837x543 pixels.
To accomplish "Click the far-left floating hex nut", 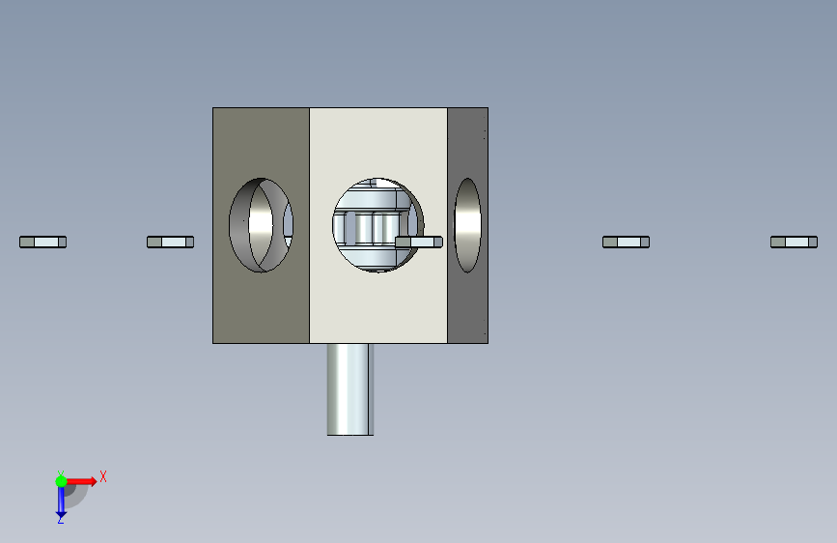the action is (x=42, y=243).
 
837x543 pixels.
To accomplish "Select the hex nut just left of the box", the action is (x=170, y=243).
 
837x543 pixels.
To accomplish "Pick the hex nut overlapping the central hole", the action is (x=419, y=243).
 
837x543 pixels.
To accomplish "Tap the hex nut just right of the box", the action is (x=627, y=243).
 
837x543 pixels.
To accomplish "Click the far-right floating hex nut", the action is (x=794, y=243).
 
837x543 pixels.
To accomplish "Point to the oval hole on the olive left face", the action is (x=261, y=225).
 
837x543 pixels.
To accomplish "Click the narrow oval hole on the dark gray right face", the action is (x=467, y=225).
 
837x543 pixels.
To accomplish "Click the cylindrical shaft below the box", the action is (x=350, y=389).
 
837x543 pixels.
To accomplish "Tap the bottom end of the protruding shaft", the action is (x=350, y=435).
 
